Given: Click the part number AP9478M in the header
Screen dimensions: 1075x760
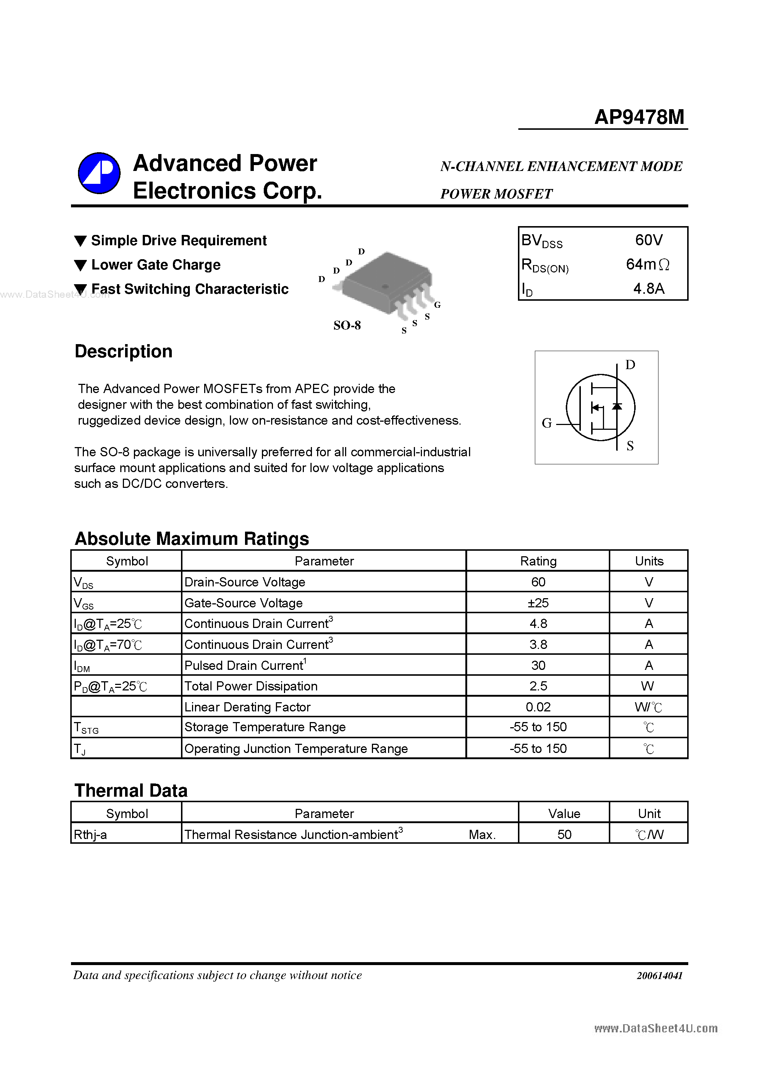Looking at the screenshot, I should (639, 117).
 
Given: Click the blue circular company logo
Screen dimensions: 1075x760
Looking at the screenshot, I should (99, 173).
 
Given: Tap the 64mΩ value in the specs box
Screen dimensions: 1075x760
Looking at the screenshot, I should (647, 265).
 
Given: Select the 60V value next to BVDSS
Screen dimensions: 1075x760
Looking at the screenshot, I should (649, 240).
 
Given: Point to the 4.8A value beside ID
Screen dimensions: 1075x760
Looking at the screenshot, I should (649, 288).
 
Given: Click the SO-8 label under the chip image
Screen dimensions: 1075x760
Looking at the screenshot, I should (347, 325).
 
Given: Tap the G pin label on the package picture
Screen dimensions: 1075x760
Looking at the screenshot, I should (437, 305).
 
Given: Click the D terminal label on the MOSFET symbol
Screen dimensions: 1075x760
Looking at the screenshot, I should (630, 365).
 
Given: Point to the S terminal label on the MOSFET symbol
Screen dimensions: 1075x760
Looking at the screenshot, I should (630, 446).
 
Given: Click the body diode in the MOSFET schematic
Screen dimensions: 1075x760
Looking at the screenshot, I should (617, 406).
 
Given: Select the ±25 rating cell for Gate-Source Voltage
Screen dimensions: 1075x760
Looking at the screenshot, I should (538, 603).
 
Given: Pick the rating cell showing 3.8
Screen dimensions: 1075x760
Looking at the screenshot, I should (538, 645).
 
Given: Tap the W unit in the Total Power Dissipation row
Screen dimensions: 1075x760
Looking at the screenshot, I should (647, 686).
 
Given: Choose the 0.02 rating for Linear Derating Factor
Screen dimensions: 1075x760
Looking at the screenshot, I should (538, 707).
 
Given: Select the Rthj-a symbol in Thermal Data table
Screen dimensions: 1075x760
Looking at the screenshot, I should (90, 835).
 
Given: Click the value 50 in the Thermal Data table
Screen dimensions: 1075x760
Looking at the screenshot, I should (564, 835).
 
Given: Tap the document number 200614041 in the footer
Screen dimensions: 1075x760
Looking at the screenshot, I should (659, 976).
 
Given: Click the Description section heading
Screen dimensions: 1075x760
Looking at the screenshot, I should (124, 351).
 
